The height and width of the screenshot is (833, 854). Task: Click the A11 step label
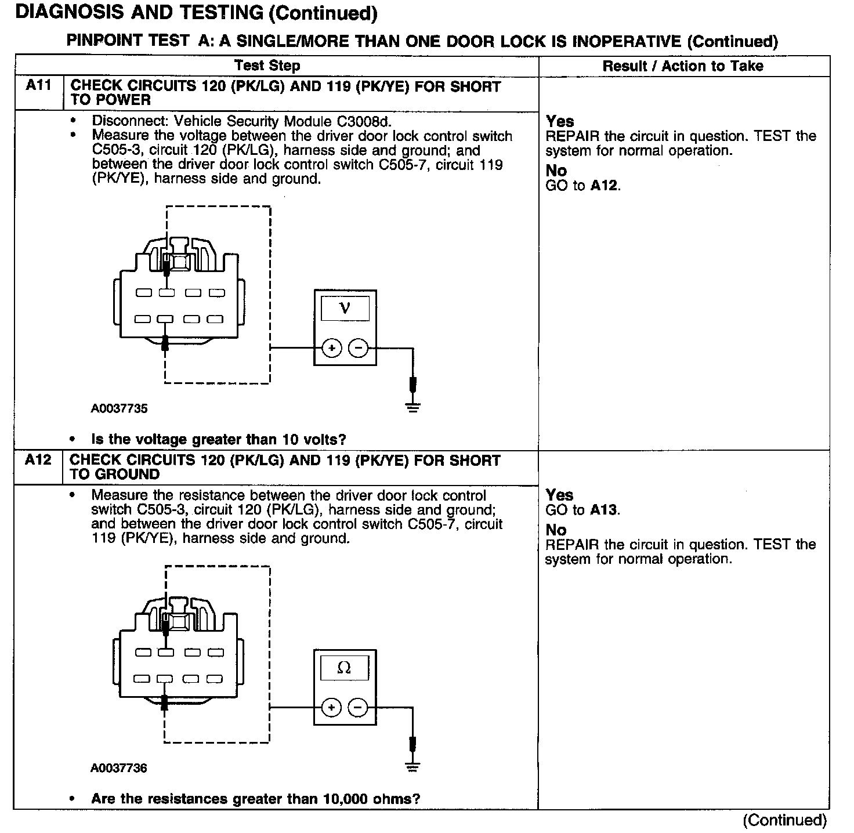pos(38,86)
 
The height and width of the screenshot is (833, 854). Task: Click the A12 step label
pos(38,460)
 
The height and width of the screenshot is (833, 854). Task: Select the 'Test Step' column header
pos(267,66)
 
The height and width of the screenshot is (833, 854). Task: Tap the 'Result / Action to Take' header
pos(683,66)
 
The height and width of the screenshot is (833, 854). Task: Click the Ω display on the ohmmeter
pos(344,668)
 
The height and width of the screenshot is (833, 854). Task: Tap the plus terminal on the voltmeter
pos(332,348)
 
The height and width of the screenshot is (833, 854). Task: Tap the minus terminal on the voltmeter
pos(358,348)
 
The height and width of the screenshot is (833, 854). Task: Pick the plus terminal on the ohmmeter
pos(331,708)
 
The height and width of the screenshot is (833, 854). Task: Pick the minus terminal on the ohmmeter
pos(358,708)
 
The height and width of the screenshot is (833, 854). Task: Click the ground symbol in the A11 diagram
pos(412,407)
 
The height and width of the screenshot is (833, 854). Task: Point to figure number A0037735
pos(119,408)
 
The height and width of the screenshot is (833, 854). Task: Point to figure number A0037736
pos(119,768)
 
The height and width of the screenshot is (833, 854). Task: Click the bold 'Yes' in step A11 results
pos(560,121)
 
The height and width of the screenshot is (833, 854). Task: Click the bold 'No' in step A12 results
pos(556,530)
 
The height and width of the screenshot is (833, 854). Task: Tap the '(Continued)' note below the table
pos(785,820)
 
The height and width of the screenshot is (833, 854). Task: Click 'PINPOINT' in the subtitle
pos(104,41)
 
